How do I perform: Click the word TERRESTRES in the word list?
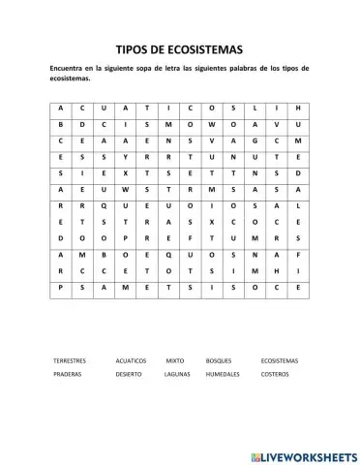tap(70, 360)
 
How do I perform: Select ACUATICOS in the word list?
tap(130, 360)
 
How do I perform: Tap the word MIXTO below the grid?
tap(174, 360)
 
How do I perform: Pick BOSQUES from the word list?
tap(219, 360)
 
